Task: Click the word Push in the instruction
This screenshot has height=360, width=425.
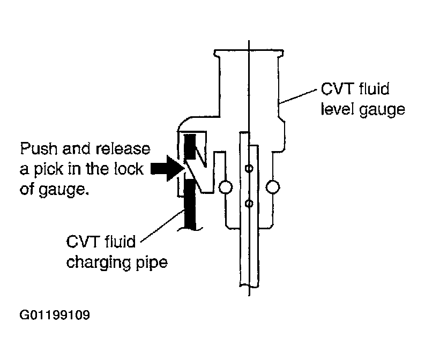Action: (39, 149)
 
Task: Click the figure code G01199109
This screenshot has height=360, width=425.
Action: (55, 315)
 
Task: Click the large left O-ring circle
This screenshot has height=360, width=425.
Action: (226, 187)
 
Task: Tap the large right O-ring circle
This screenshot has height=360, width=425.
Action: (273, 187)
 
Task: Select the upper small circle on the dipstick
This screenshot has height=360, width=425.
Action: (249, 169)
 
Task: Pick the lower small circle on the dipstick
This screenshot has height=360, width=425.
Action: (249, 203)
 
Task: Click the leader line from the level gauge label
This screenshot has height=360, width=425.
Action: (298, 96)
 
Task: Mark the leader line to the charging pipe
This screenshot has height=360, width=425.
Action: (162, 226)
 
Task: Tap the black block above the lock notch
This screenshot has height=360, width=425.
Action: (190, 147)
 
